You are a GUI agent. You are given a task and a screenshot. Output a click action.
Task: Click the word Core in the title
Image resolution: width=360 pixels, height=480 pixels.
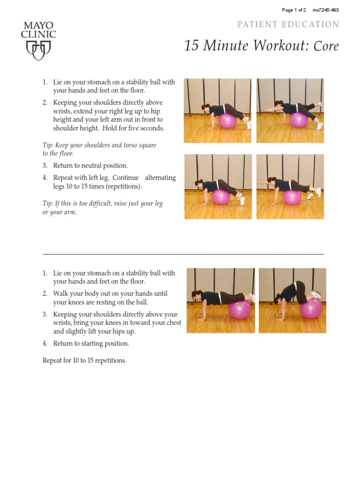click(x=326, y=46)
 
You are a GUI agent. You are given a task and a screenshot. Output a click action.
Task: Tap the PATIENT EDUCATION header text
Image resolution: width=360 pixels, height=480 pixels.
click(x=288, y=24)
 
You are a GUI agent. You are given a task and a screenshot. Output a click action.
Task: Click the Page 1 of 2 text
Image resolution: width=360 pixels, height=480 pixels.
click(x=294, y=10)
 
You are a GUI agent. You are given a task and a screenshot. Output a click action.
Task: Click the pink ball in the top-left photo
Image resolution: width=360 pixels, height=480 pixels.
click(x=227, y=121)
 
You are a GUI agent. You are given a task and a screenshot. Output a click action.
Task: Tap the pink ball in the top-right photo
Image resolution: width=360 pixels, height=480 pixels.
click(x=299, y=120)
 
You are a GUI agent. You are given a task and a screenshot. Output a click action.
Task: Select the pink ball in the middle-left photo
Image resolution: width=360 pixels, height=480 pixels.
click(x=221, y=196)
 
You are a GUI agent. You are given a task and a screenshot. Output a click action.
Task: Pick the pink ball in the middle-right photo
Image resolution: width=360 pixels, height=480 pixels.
click(x=292, y=197)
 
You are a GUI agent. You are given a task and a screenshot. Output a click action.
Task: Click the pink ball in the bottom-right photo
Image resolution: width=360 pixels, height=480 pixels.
click(x=311, y=308)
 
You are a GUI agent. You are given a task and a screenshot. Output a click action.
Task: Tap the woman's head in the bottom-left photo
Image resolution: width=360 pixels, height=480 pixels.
click(x=196, y=295)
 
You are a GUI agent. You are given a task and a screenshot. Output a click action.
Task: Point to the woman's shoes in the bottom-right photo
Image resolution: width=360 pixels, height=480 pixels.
click(x=316, y=294)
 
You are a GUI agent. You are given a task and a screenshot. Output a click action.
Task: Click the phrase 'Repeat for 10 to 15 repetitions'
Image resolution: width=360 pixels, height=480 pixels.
click(x=84, y=360)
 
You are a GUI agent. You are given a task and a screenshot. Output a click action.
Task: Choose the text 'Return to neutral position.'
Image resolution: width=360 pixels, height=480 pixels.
click(x=90, y=165)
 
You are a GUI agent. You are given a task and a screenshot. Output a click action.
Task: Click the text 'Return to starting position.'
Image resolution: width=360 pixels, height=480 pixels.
click(x=91, y=344)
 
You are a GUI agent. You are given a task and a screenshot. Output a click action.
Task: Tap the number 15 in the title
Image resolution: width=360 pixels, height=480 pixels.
click(x=192, y=46)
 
